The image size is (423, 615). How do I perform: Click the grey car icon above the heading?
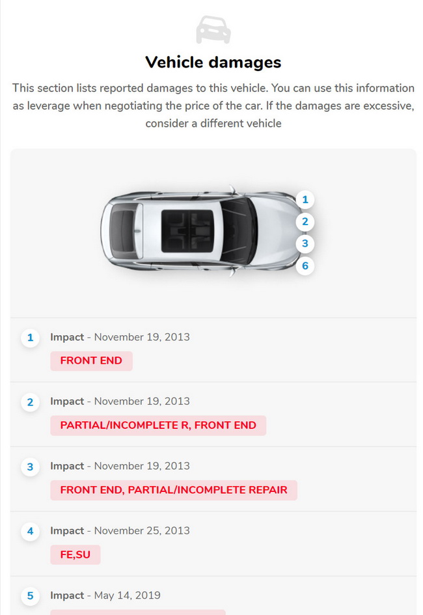click(x=213, y=30)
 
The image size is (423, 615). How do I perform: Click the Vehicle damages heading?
click(x=213, y=62)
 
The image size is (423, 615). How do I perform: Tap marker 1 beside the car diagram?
click(x=305, y=200)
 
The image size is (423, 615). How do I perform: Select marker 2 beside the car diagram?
click(x=305, y=222)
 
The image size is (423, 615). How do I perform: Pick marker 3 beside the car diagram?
click(x=305, y=243)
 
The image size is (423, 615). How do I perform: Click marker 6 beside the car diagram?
click(x=305, y=266)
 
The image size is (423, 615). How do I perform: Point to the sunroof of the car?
click(x=187, y=230)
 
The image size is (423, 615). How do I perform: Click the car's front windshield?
click(x=239, y=230)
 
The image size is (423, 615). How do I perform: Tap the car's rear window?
click(x=122, y=230)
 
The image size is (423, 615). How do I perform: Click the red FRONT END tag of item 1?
click(x=91, y=361)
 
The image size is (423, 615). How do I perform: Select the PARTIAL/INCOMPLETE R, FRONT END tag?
click(x=158, y=426)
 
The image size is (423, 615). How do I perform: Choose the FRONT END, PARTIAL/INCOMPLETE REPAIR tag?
click(x=174, y=490)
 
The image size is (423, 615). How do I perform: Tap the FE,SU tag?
click(x=75, y=554)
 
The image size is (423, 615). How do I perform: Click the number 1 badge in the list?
click(x=30, y=338)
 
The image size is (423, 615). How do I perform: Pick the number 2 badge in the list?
click(x=30, y=402)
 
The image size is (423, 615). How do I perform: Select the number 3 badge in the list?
click(x=30, y=467)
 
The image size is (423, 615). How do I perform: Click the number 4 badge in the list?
click(x=30, y=532)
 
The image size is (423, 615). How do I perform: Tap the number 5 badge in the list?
click(x=30, y=596)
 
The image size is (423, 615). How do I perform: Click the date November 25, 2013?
click(x=142, y=530)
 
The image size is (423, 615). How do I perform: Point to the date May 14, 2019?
click(x=128, y=595)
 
